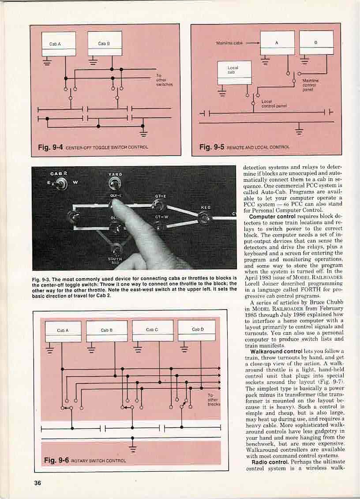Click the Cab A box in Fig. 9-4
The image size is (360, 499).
tap(59, 44)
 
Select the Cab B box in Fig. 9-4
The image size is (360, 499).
tap(105, 43)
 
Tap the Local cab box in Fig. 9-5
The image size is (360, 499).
tap(235, 72)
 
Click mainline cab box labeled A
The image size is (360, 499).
tap(277, 42)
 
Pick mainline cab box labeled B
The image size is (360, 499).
tap(316, 42)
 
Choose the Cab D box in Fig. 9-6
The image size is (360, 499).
tap(196, 331)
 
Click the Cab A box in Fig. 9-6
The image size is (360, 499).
tap(63, 331)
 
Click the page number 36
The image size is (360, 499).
tap(38, 483)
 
